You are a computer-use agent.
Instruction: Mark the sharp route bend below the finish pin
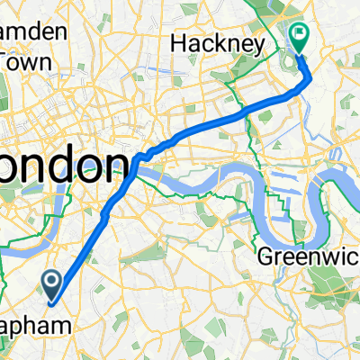[x=310, y=76]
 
